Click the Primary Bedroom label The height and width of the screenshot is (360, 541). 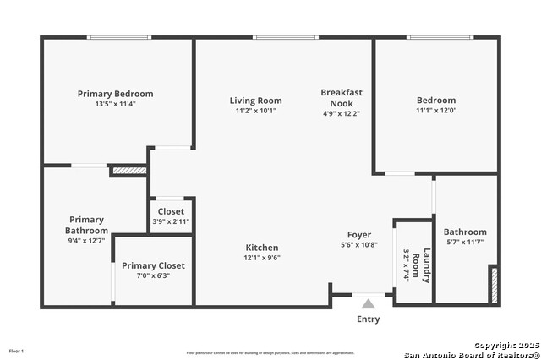(x=115, y=94)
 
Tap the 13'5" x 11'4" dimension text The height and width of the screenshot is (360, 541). (x=115, y=105)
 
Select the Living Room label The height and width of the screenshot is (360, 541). (x=255, y=101)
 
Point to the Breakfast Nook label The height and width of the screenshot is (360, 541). (x=342, y=97)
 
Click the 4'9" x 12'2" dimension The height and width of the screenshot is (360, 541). (x=342, y=113)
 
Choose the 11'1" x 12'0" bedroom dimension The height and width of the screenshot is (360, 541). (x=435, y=110)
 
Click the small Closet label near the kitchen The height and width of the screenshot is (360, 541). (x=171, y=212)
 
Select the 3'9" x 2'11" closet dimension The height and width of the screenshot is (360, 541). (x=171, y=221)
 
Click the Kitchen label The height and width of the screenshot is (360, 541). (x=262, y=248)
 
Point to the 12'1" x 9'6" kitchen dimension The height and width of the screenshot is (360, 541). (x=262, y=258)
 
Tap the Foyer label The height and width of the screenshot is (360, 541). (x=359, y=235)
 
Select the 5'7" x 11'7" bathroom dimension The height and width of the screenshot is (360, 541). (x=465, y=243)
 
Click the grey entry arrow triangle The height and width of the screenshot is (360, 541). (x=368, y=303)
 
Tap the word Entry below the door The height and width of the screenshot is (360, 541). (x=369, y=319)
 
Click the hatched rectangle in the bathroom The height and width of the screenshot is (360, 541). (x=494, y=285)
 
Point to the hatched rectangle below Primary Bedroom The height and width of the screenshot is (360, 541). (x=129, y=171)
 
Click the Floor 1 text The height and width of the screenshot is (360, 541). (x=17, y=351)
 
